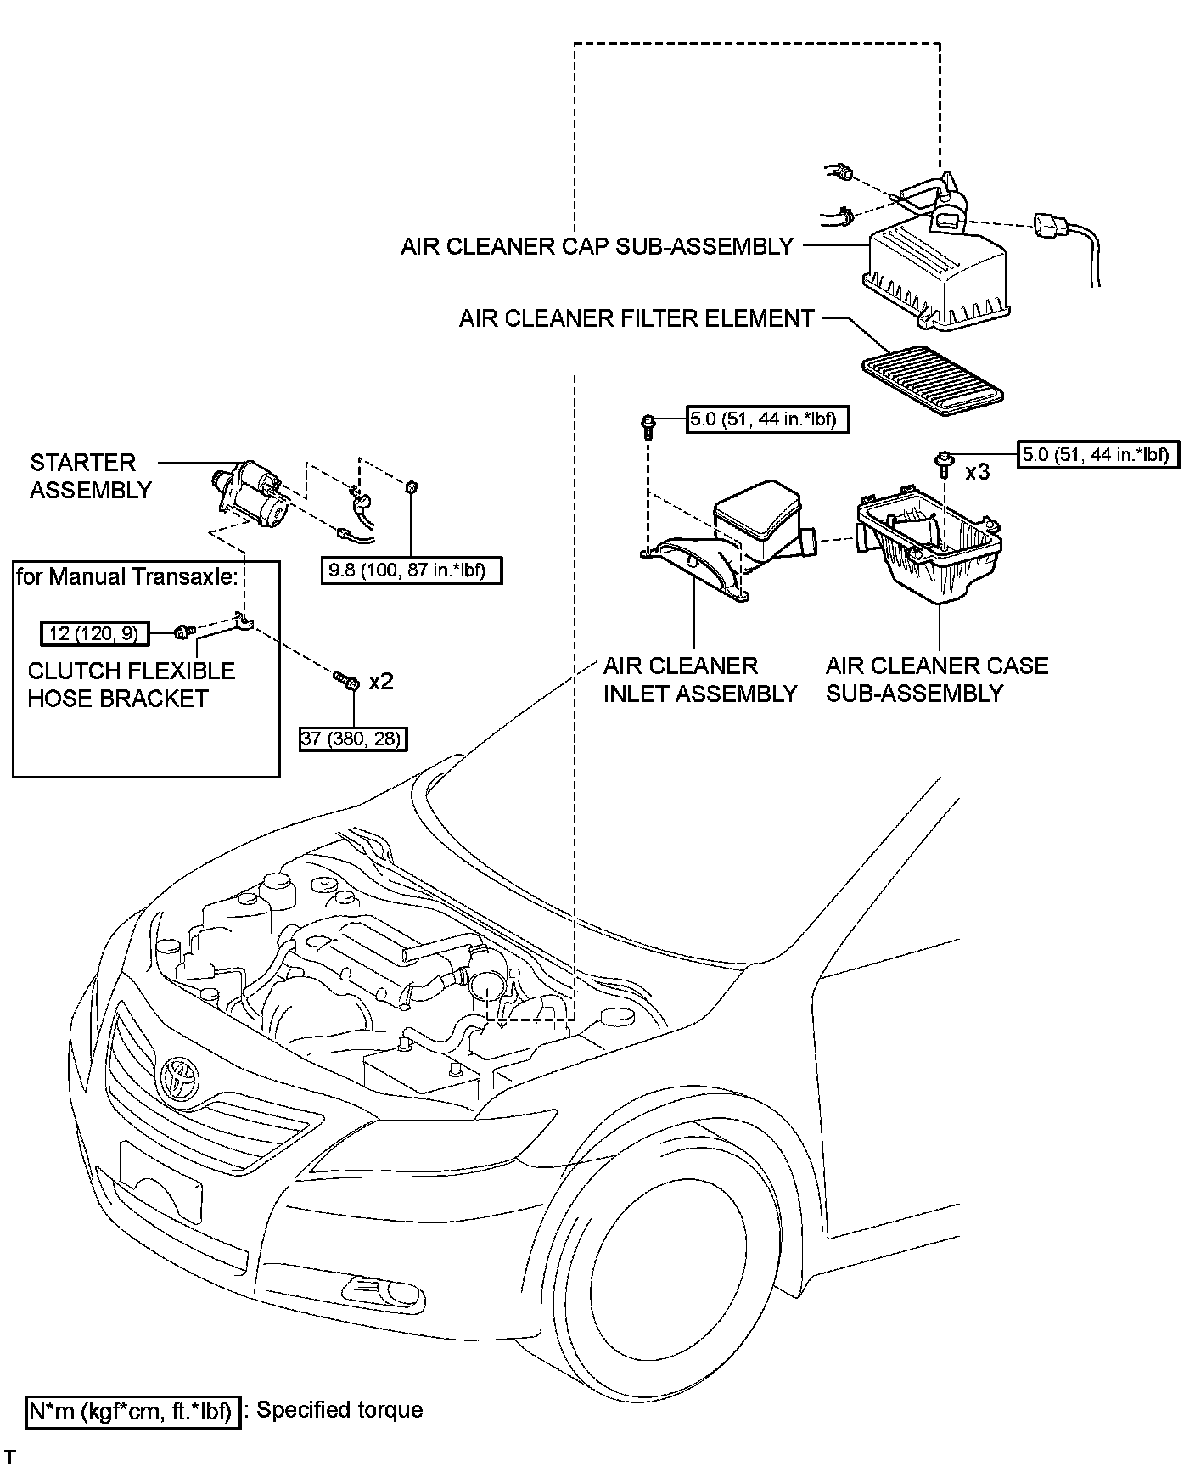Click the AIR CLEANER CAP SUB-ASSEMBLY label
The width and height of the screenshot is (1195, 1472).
click(597, 246)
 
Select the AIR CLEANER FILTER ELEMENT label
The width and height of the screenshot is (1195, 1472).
click(637, 318)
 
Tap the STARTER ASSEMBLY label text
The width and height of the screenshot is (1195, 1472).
click(90, 476)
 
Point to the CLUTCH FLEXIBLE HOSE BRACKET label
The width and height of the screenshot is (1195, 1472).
click(132, 684)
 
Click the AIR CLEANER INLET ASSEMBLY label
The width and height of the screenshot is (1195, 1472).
click(700, 679)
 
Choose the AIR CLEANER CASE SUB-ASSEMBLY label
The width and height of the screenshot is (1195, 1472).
click(937, 679)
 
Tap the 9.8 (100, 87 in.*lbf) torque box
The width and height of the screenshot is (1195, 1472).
click(412, 570)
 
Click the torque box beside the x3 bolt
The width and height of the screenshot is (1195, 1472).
click(1095, 454)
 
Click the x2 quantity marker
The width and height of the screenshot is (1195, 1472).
click(382, 681)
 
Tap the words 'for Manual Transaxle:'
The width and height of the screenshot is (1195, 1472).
click(127, 577)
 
